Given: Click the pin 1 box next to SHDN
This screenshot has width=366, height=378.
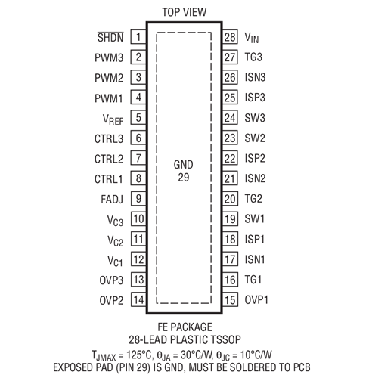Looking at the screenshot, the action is [138, 37].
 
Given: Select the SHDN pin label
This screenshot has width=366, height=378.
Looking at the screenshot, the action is [110, 37].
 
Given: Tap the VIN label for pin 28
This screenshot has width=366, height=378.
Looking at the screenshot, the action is [252, 38].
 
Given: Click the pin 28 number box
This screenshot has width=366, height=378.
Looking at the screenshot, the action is [230, 37].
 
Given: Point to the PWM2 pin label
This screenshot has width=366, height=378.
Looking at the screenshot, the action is [109, 78].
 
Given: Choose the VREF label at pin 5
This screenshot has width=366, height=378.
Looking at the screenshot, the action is [113, 119].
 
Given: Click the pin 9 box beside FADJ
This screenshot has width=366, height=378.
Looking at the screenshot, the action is [138, 199].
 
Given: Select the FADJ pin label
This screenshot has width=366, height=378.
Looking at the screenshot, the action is [112, 200].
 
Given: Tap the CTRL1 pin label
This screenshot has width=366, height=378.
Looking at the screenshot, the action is [109, 179].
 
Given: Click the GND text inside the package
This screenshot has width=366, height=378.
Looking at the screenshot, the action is [183, 165].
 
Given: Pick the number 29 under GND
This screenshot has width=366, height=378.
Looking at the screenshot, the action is [183, 178].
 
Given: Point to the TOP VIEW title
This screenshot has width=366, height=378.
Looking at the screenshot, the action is [185, 12].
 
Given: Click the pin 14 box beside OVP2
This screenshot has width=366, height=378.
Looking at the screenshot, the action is [138, 299].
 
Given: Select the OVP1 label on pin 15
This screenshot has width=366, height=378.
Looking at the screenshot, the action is [256, 300].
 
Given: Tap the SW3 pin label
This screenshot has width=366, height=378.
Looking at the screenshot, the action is [255, 118].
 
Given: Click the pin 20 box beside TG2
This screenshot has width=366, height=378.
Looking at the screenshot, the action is [230, 199].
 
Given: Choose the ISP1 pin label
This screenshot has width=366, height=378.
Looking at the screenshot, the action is [255, 239].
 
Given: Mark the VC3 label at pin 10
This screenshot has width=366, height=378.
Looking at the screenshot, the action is [115, 221].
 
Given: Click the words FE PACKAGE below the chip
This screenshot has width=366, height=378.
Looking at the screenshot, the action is [185, 327].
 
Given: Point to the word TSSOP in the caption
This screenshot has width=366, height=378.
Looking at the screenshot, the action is [225, 339].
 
